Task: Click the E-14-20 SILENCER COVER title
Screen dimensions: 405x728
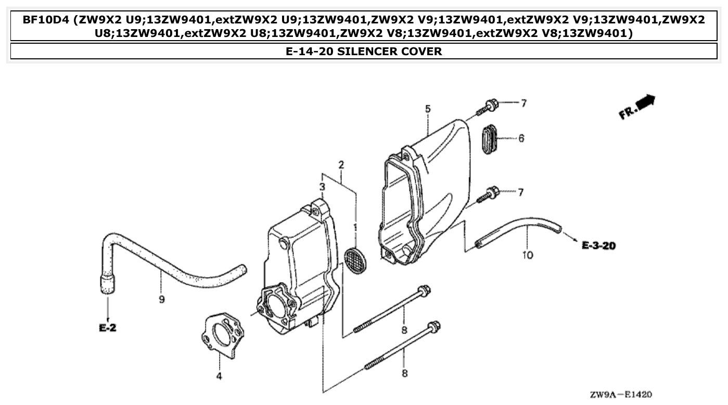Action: pos(364,51)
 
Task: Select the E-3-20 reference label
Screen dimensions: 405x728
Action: pos(598,245)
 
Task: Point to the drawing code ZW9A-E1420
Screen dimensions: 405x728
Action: pos(620,395)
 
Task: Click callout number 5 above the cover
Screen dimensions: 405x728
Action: pos(428,109)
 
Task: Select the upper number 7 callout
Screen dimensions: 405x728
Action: pos(523,104)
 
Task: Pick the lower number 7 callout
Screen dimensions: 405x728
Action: pos(520,193)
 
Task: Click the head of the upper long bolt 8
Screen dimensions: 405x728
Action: pos(424,290)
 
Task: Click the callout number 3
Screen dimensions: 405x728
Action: pos(322,186)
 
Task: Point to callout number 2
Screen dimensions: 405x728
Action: pos(341,165)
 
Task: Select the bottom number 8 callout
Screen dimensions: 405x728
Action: pos(403,373)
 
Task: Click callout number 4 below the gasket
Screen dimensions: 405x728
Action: pos(219,376)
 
